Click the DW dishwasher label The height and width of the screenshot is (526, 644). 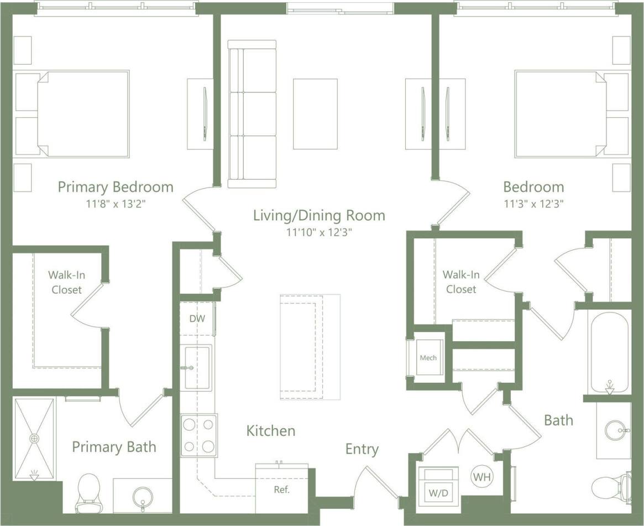tap(197, 319)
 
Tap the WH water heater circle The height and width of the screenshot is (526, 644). tap(482, 476)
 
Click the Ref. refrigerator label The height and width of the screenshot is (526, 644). tap(282, 489)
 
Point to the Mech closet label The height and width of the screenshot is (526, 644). tap(428, 358)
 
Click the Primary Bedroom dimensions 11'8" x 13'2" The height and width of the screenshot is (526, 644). tap(115, 204)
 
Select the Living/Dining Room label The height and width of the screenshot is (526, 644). tap(319, 215)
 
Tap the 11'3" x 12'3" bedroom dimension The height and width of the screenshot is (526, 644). tap(533, 204)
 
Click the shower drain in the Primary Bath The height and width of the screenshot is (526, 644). tap(35, 438)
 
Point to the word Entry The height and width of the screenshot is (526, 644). tap(362, 449)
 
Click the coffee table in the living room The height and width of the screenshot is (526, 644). tap(315, 114)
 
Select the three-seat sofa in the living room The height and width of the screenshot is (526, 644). tap(252, 114)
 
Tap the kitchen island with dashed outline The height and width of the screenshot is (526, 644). tap(301, 347)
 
